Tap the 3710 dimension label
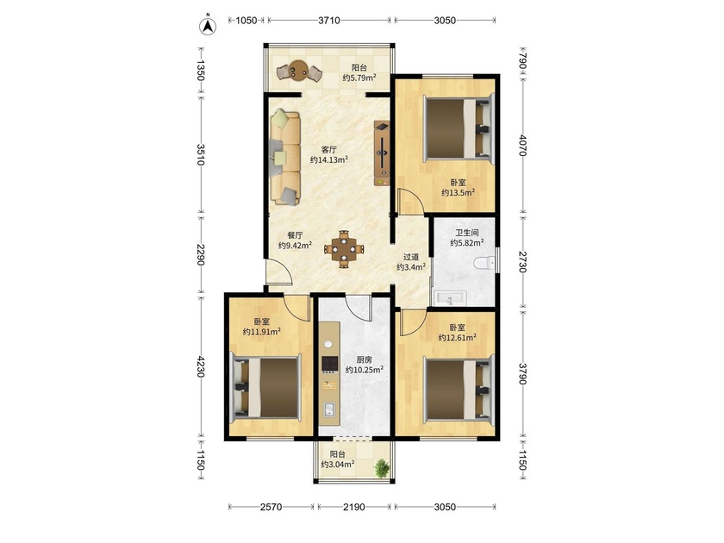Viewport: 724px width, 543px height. point(329,21)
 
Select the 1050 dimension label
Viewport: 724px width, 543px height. point(247,21)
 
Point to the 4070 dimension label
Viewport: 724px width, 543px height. point(522,145)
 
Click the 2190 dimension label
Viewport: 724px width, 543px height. point(353,507)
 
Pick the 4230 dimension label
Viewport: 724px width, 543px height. point(200,365)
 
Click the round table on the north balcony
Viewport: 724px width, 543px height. point(300,71)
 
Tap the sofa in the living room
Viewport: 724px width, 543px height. point(285,157)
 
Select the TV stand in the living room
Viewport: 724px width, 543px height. point(382,153)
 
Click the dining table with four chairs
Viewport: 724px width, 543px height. point(344,249)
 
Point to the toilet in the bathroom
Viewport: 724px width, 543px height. point(484,264)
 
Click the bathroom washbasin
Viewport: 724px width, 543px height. point(450,299)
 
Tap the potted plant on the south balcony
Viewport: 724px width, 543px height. point(382,468)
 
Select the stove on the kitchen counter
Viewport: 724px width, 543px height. point(329,365)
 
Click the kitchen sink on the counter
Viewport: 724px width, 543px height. point(329,409)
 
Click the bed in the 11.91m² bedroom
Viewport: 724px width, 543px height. point(265,389)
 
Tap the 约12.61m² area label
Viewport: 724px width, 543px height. point(457,338)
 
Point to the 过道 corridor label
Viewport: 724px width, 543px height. point(411,257)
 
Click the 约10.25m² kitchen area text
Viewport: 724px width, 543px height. point(365,370)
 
